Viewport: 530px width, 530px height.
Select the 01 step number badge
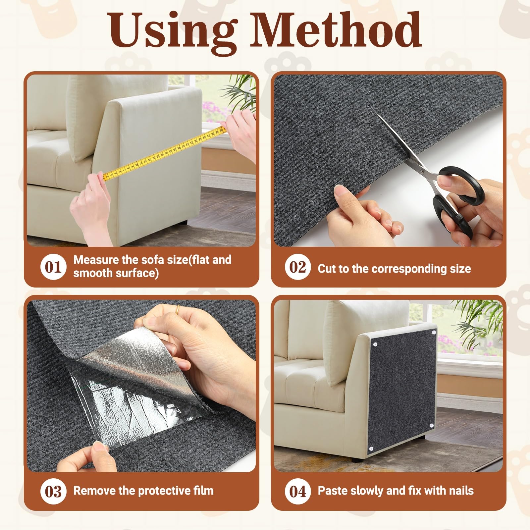coord(53,267)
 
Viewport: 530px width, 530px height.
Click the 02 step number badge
coord(297,267)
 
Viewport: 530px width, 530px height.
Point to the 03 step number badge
coord(53,492)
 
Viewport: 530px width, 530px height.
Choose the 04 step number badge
coord(297,492)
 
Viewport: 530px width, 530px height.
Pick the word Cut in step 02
coord(326,269)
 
